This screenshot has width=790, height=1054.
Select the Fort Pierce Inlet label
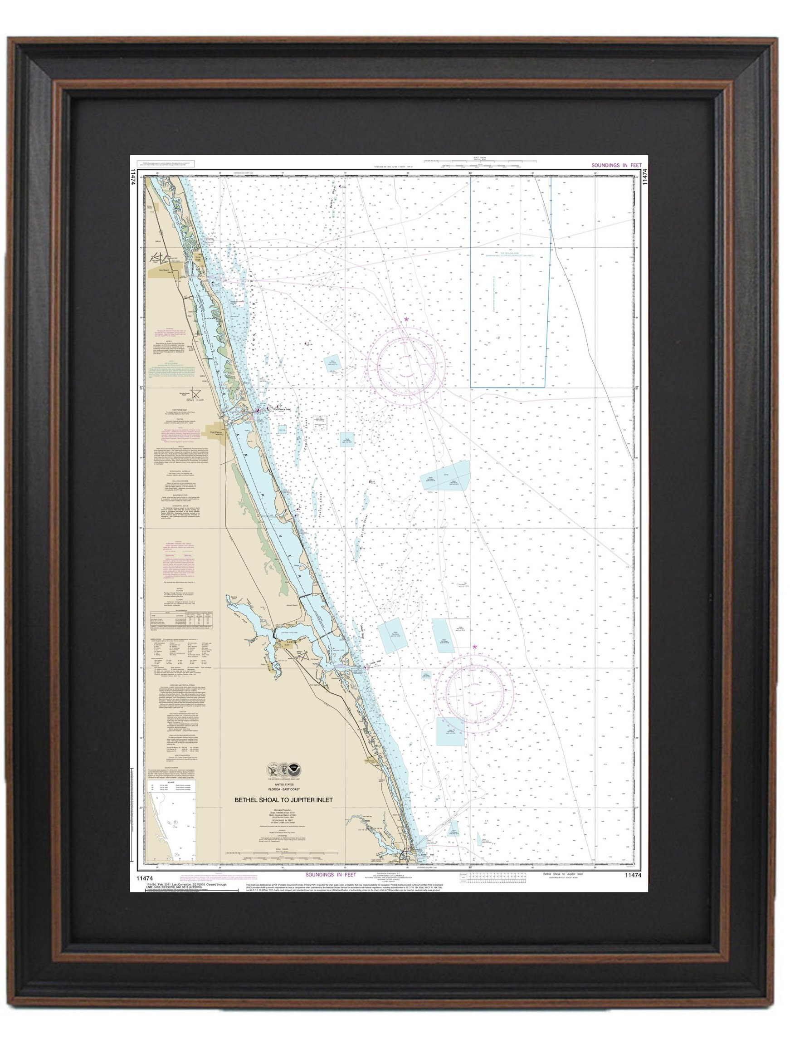click(x=283, y=408)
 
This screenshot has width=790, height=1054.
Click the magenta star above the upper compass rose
click(x=406, y=319)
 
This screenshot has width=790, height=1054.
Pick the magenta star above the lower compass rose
click(x=474, y=647)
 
